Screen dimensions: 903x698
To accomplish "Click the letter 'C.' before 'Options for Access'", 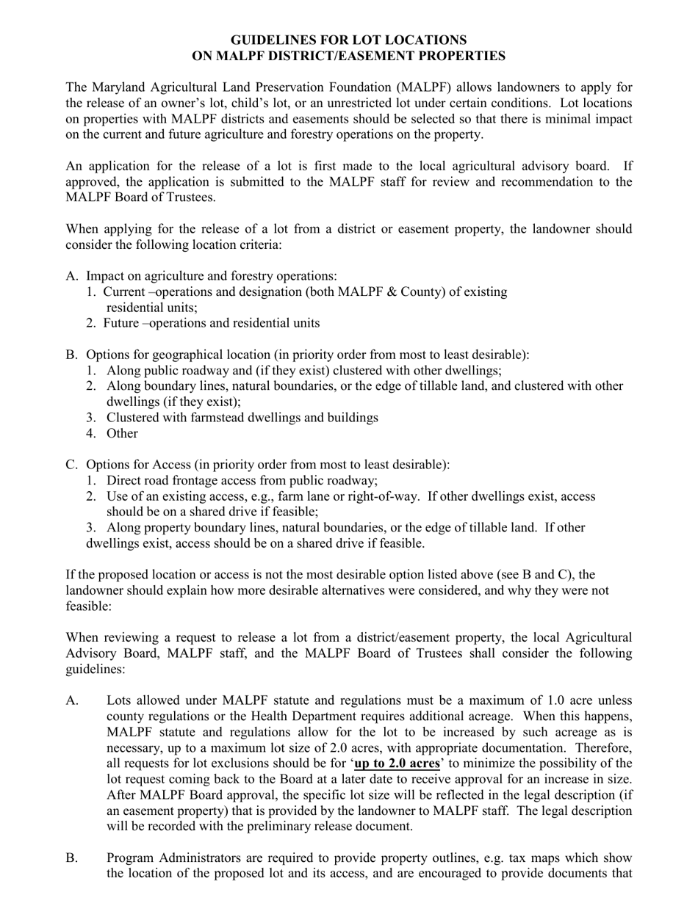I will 71,465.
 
